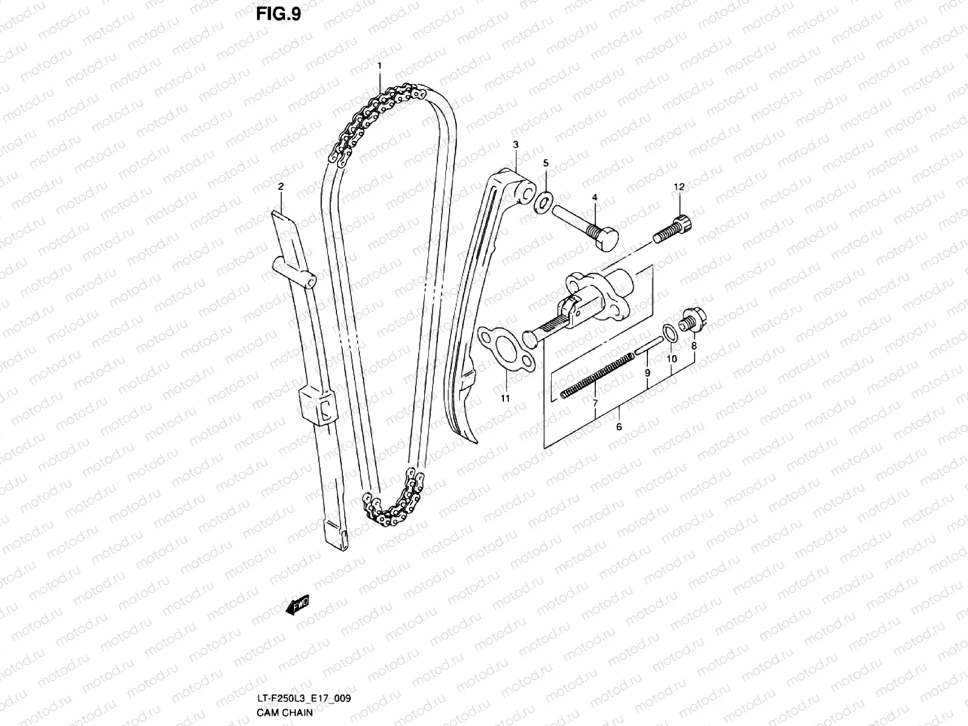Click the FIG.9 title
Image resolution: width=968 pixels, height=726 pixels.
278,14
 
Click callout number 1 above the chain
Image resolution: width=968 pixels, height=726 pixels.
379,65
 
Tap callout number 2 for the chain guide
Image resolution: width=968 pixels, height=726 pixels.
281,187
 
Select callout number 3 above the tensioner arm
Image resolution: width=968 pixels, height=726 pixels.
515,145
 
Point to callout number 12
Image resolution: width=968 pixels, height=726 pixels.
679,187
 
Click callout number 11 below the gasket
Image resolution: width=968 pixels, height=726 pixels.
505,398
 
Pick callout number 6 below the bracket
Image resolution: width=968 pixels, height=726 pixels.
619,427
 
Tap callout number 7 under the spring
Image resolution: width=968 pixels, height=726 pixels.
595,402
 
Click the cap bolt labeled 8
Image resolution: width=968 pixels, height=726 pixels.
690,321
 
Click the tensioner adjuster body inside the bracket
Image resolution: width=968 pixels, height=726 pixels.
599,290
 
